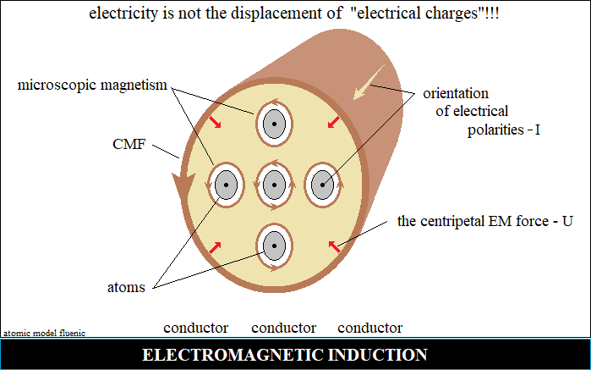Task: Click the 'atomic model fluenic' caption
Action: click(x=44, y=334)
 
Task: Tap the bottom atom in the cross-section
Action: click(x=273, y=246)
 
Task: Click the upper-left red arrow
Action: click(x=216, y=123)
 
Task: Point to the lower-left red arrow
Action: click(x=216, y=247)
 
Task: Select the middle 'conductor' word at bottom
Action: click(x=283, y=328)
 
